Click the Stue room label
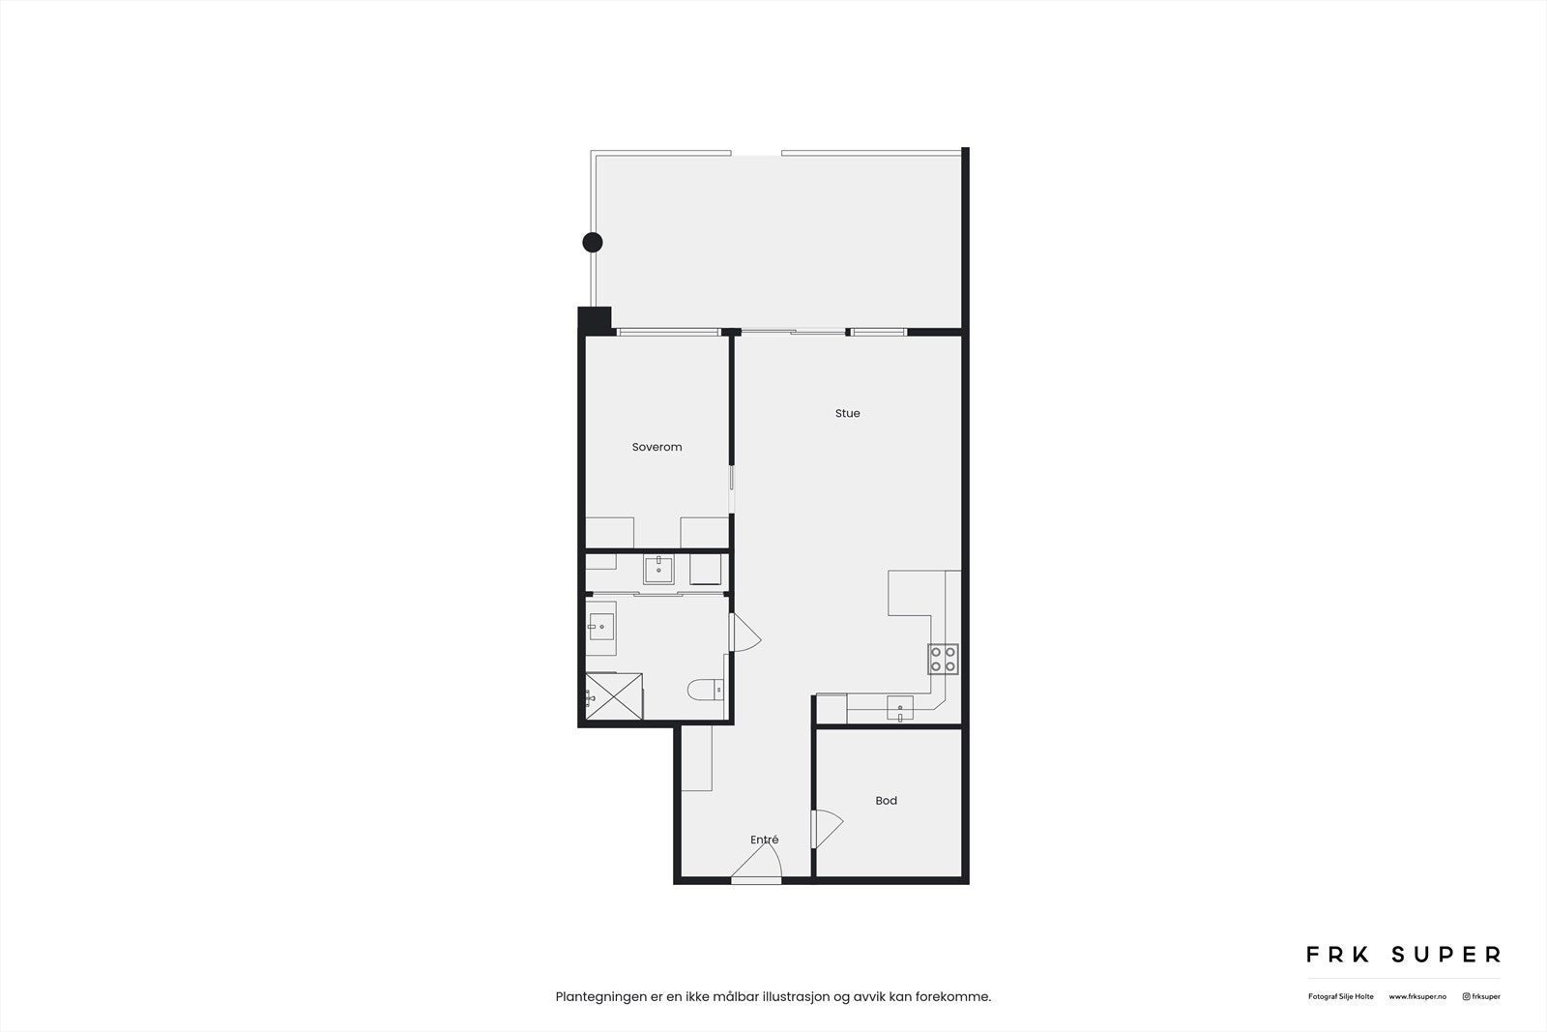847,413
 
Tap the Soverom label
657,447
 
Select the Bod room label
886,801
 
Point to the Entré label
764,840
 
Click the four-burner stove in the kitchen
943,659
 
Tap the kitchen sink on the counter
899,709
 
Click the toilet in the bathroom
705,690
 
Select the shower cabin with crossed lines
614,696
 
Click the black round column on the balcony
592,242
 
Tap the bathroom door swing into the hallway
744,634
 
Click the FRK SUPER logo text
1403,955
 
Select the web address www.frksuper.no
1417,996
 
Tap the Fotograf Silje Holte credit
1340,996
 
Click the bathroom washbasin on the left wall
600,627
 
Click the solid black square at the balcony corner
594,319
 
